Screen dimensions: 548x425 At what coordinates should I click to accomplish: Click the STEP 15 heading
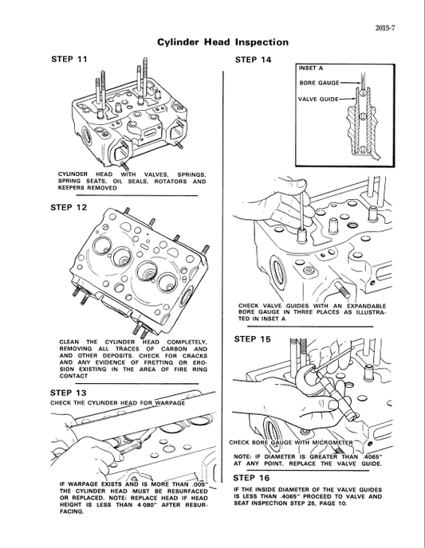click(254, 339)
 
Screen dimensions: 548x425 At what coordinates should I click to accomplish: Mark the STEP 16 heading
click(254, 477)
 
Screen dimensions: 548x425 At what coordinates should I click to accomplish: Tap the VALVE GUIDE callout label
click(318, 100)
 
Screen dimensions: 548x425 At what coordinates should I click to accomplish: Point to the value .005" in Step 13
click(195, 483)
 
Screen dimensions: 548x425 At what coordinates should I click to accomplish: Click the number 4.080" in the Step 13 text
click(127, 503)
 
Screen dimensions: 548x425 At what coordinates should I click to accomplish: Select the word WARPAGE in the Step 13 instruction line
click(169, 402)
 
